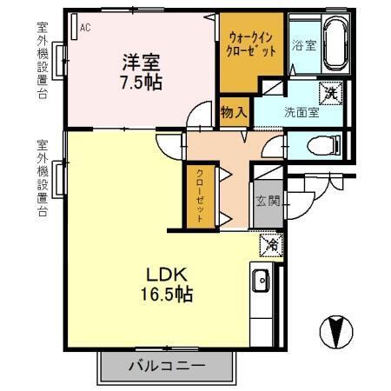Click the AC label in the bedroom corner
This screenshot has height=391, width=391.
coord(85,28)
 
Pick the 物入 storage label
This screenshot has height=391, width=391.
coord(233,111)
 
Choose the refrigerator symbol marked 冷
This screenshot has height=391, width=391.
coord(270,246)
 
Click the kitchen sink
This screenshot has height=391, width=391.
coord(261,282)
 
